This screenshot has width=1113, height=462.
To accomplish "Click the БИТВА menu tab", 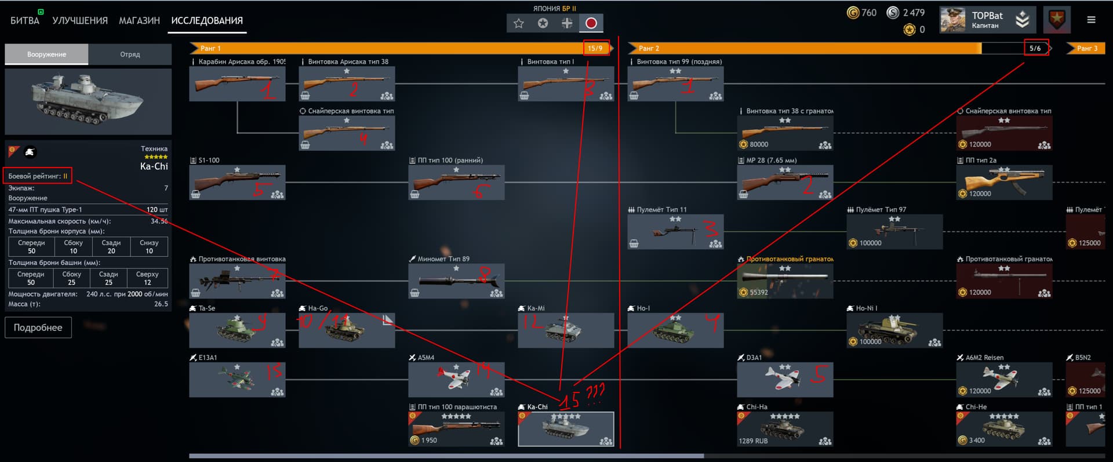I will (x=25, y=20).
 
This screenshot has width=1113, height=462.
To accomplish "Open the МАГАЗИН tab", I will (x=139, y=20).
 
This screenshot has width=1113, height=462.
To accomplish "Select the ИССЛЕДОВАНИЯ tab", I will (x=207, y=20).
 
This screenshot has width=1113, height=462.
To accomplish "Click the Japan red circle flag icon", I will (x=591, y=23).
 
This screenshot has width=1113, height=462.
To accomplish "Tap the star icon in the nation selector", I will (x=519, y=23).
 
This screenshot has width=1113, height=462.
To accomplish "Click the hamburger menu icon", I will (x=1091, y=20).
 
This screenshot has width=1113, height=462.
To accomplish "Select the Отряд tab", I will (x=130, y=54).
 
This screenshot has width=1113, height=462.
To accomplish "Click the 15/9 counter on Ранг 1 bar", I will (x=595, y=48).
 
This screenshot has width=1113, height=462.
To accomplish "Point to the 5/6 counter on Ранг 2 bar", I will (x=1035, y=48).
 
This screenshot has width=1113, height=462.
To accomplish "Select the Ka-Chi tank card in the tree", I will (x=565, y=429).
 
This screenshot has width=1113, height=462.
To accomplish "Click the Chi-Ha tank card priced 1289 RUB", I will (x=784, y=429).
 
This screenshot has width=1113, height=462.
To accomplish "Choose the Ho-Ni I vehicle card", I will (x=894, y=330).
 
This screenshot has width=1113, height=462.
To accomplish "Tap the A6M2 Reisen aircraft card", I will (x=1003, y=380).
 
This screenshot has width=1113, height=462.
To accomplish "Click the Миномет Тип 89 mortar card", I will (x=456, y=281).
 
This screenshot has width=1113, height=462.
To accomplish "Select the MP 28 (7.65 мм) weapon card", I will (x=784, y=183).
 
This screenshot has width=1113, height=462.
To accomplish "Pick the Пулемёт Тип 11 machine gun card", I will (x=675, y=232).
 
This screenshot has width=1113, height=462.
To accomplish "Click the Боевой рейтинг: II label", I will (x=38, y=176).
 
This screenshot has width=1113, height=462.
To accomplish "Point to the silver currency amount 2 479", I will (x=914, y=13).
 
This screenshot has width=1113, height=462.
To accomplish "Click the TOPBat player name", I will (x=987, y=16).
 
